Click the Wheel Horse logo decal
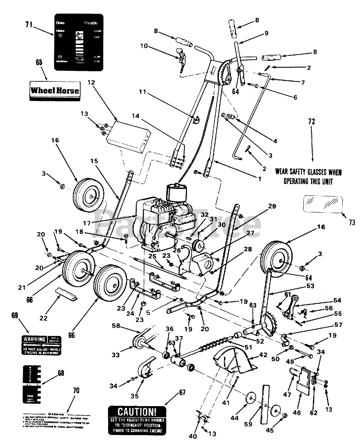tap(55, 90)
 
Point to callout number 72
tap(312, 122)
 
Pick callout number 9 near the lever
tap(267, 33)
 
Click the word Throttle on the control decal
tap(90, 23)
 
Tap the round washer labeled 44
tap(250, 398)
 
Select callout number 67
tap(182, 392)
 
